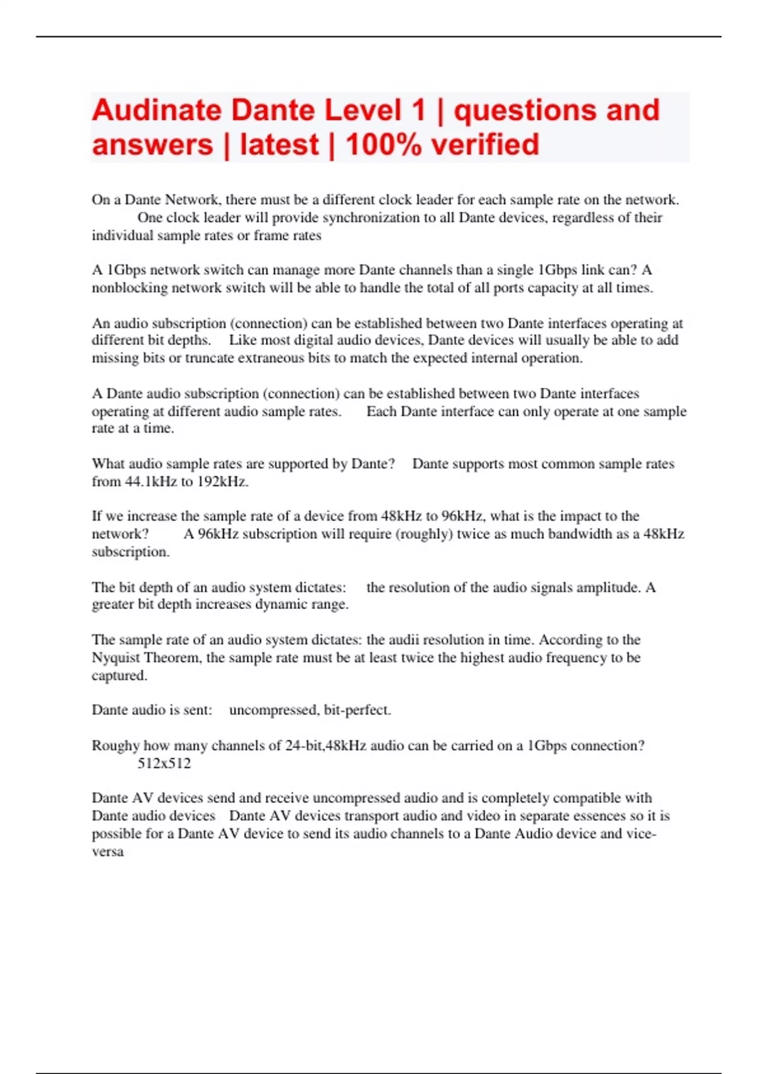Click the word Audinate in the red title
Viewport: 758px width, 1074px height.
156,111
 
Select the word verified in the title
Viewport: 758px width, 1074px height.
486,145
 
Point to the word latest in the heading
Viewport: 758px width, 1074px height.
279,145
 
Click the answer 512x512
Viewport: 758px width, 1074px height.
164,763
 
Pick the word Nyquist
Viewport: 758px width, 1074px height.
116,658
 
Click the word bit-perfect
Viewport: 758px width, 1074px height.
357,710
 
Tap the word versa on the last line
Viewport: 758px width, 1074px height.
107,852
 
